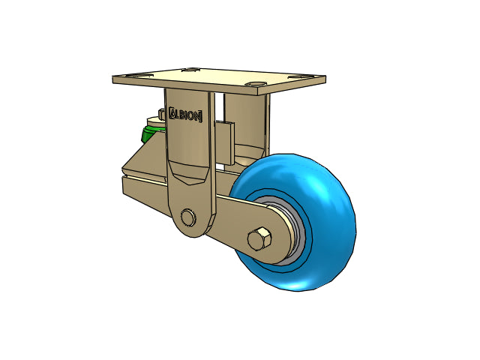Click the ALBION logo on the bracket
[185, 115]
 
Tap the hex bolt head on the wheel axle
[259, 238]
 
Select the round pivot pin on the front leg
[188, 217]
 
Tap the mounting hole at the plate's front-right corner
[256, 84]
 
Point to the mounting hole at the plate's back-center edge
[190, 70]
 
